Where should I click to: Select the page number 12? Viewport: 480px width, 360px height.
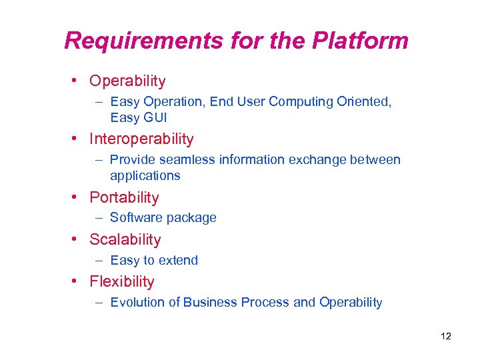pos(446,336)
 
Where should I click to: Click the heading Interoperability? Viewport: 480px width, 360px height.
pos(141,139)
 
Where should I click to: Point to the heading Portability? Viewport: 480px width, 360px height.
pos(124,197)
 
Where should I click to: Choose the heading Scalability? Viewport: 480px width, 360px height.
pos(125,239)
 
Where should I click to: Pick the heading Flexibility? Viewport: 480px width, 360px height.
pos(122,281)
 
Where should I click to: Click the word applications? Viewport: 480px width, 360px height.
pos(145,176)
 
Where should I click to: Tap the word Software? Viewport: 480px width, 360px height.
pos(134,218)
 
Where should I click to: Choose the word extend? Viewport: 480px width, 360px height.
pos(179,260)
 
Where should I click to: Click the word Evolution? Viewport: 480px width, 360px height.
pos(137,303)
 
